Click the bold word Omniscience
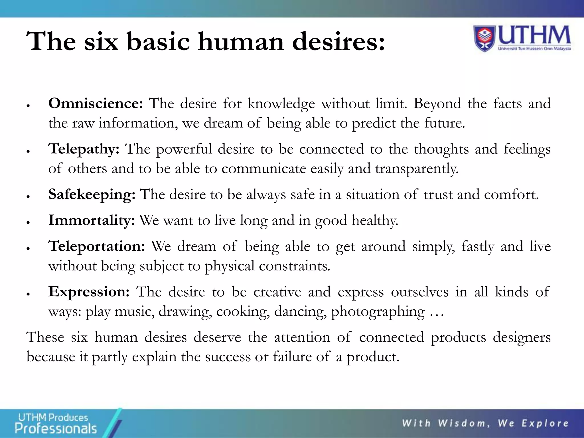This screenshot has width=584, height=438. [x=95, y=103]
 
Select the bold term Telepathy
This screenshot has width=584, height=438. [x=84, y=149]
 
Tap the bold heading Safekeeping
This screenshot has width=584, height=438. [x=92, y=194]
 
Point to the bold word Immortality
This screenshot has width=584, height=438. [x=91, y=220]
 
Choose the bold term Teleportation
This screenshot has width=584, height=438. [x=96, y=246]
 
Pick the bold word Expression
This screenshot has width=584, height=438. [x=89, y=292]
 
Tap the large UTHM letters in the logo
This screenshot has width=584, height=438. [x=534, y=36]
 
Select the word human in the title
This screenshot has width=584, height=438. [x=241, y=42]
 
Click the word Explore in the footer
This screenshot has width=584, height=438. [x=545, y=423]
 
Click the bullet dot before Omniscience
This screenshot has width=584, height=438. [x=28, y=106]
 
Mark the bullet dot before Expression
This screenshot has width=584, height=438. [x=28, y=294]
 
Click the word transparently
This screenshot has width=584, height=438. [x=417, y=169]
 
